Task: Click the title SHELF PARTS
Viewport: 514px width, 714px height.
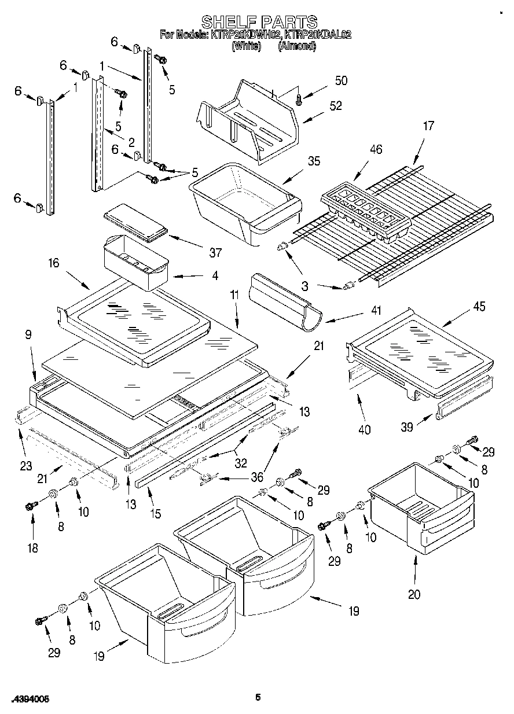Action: (259, 22)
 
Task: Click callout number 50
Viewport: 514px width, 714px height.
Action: (341, 80)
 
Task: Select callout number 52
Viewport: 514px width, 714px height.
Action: (335, 106)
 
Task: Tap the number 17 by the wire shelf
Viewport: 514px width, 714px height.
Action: (428, 126)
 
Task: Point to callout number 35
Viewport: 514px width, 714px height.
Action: (314, 161)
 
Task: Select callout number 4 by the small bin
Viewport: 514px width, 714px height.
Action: (215, 277)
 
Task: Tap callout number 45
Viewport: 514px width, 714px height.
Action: (480, 307)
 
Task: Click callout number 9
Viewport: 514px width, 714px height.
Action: (27, 334)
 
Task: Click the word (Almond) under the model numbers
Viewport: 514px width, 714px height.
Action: (296, 46)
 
